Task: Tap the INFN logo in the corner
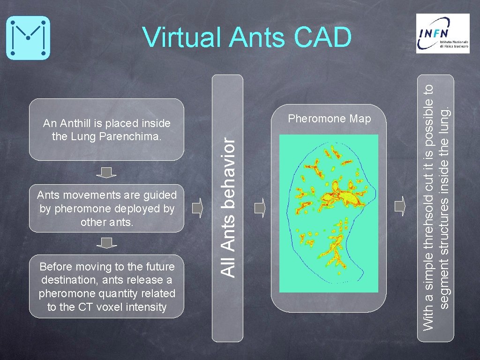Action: pyautogui.click(x=442, y=33)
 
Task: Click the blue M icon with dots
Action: pyautogui.click(x=28, y=37)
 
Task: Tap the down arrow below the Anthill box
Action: pyautogui.click(x=107, y=172)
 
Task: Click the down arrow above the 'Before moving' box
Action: pyautogui.click(x=107, y=243)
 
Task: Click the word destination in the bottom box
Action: pyautogui.click(x=67, y=280)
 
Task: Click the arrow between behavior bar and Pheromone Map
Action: pyautogui.click(x=260, y=208)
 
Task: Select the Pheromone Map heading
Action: pyautogui.click(x=329, y=119)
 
